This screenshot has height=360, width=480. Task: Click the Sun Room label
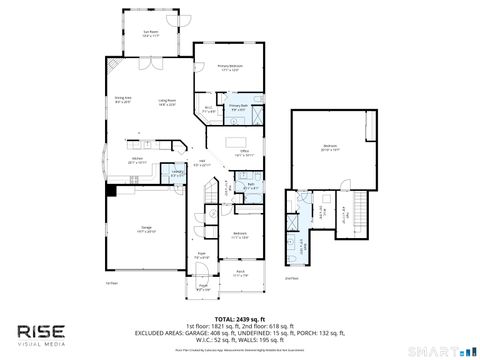(x=151, y=35)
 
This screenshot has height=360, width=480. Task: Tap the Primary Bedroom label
(x=231, y=68)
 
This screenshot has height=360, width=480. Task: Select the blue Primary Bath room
(x=239, y=108)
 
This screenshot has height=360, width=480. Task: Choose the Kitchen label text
(x=139, y=160)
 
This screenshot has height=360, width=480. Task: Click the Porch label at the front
(x=241, y=272)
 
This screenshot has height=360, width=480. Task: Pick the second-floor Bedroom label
(x=331, y=148)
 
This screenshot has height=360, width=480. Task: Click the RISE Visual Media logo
(x=42, y=334)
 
